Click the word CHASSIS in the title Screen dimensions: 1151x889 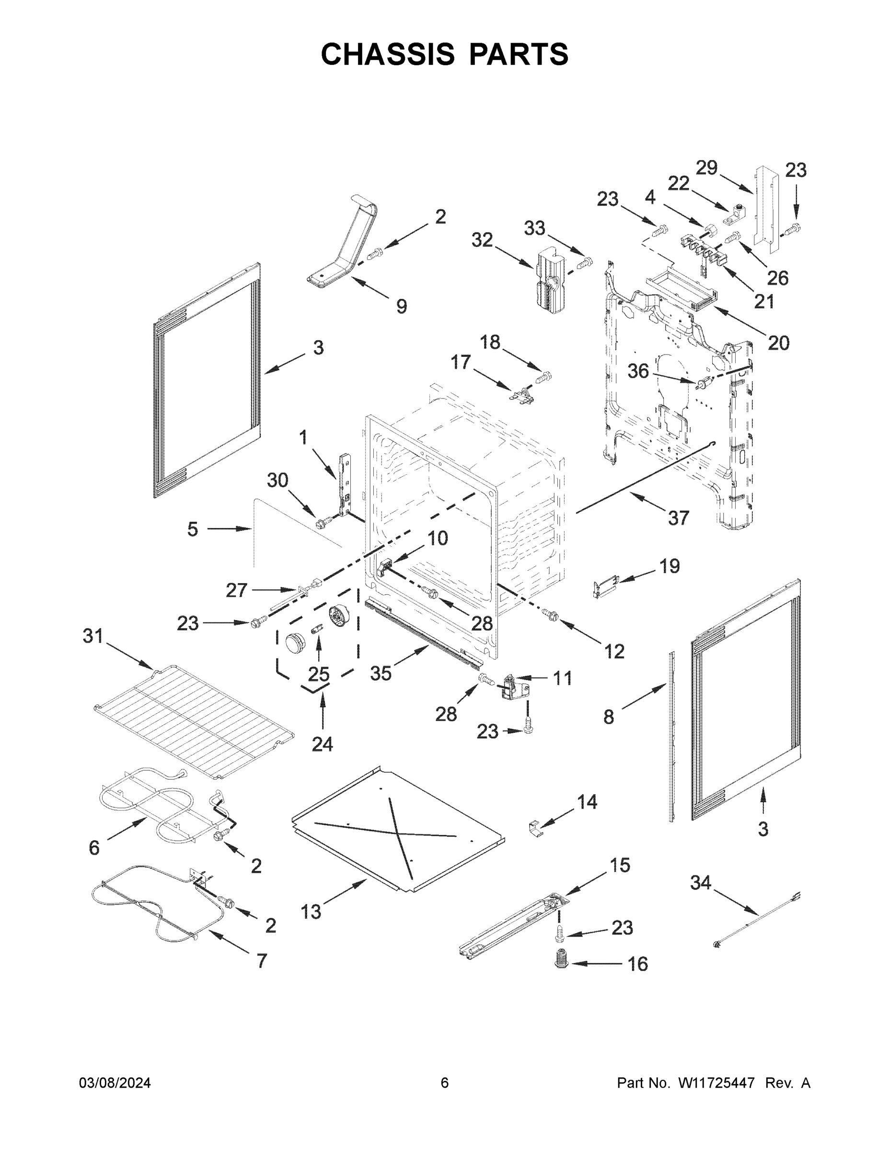pyautogui.click(x=388, y=54)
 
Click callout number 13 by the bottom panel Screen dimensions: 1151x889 pyautogui.click(x=311, y=911)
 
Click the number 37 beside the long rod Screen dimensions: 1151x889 pyautogui.click(x=678, y=518)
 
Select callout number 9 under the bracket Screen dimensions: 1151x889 pyautogui.click(x=401, y=306)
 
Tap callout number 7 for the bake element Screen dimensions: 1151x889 pyautogui.click(x=262, y=961)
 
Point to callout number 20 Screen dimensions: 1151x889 pyautogui.click(x=778, y=343)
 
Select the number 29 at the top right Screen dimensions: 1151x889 pyautogui.click(x=707, y=168)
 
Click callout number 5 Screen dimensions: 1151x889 pyautogui.click(x=193, y=529)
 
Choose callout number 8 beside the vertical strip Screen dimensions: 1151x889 pyautogui.click(x=608, y=717)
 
